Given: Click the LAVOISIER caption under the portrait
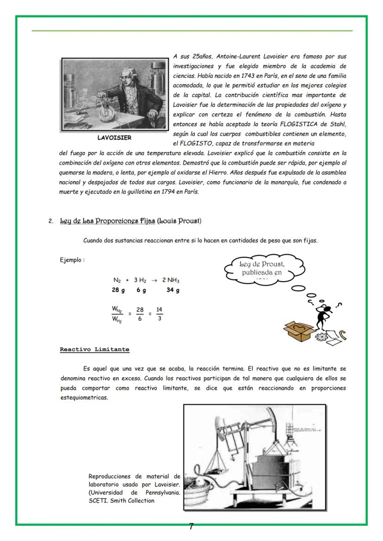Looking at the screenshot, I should (114, 138).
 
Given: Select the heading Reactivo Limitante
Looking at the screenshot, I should (94, 349).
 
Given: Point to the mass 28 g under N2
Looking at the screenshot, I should (118, 290).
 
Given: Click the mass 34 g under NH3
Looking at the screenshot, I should (173, 290).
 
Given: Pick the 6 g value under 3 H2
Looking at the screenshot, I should (141, 290).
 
